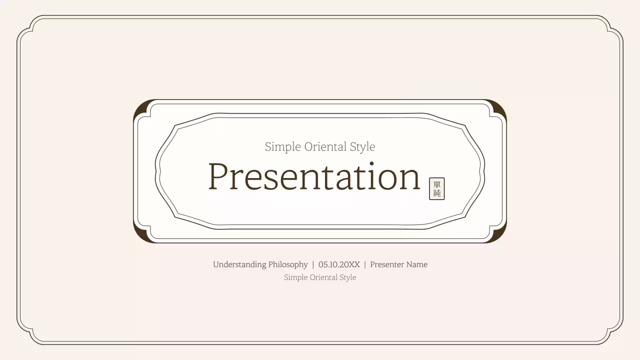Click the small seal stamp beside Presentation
tap(436, 188)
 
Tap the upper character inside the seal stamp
tap(436, 184)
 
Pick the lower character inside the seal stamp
tap(436, 193)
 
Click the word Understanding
tap(239, 264)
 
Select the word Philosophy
tap(288, 264)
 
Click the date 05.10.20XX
tap(339, 264)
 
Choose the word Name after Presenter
tap(417, 264)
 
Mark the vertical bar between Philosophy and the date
tap(313, 264)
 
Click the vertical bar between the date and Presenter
tap(365, 264)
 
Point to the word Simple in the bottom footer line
tap(295, 277)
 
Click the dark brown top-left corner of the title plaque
tap(140, 105)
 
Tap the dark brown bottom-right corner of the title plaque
tap(500, 237)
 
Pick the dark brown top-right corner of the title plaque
tap(500, 105)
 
